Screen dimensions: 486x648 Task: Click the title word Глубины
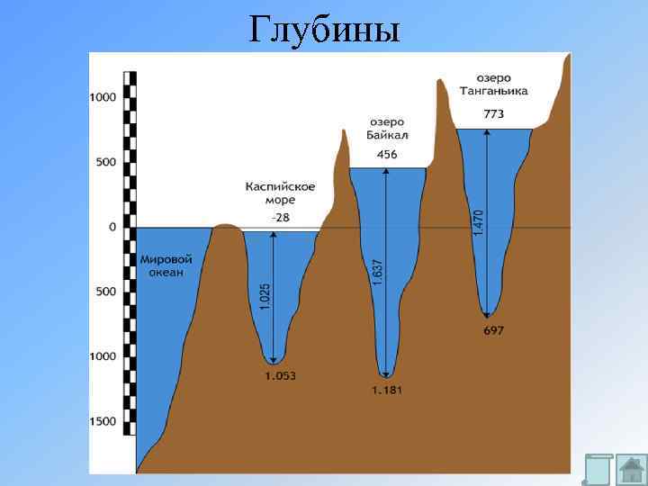323,30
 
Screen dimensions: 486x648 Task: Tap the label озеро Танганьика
494,85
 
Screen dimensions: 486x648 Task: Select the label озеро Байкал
387,129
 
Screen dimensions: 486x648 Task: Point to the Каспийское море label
280,193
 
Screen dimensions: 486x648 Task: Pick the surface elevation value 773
494,114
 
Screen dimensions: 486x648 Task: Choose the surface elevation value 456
387,155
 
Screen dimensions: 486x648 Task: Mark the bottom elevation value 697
493,330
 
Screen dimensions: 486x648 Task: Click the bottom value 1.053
281,375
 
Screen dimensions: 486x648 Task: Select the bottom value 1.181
388,390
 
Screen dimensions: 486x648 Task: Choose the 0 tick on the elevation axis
112,227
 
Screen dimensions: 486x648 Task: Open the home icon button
634,470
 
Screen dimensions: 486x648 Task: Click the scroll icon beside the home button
598,470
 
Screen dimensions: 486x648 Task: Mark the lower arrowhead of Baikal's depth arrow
387,373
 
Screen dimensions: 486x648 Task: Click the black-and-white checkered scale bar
130,261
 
